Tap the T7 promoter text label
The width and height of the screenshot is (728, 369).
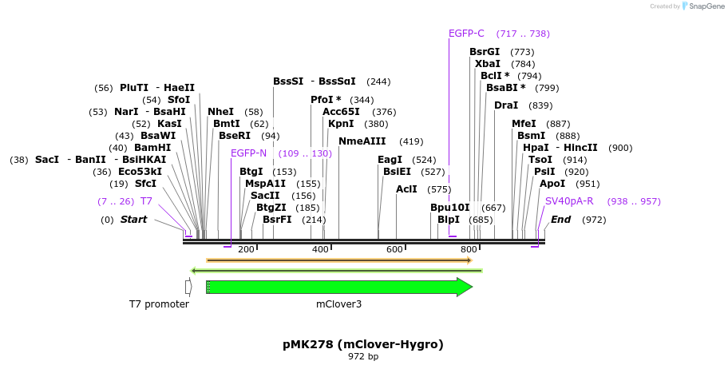[x=160, y=304]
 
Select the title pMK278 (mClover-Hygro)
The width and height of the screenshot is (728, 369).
[x=363, y=344]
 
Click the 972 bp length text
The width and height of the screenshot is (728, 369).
[x=363, y=356]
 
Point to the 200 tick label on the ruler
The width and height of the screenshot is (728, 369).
[x=246, y=250]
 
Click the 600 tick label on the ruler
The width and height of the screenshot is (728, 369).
[x=395, y=250]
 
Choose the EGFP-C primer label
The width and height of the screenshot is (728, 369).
[x=466, y=34]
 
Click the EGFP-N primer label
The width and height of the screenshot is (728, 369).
[x=248, y=153]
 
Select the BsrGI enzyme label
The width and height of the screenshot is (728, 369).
[x=485, y=52]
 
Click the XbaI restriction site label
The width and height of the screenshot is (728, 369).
[x=488, y=64]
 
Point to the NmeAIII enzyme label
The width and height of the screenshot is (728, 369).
[x=362, y=141]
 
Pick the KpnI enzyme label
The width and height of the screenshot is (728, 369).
[x=341, y=124]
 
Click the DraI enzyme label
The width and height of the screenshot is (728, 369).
[x=506, y=105]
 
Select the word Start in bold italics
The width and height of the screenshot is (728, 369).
[x=133, y=220]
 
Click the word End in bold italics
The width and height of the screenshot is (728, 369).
[x=561, y=220]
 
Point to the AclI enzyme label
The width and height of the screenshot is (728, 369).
[x=406, y=189]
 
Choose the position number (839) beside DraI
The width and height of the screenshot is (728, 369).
[x=540, y=105]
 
